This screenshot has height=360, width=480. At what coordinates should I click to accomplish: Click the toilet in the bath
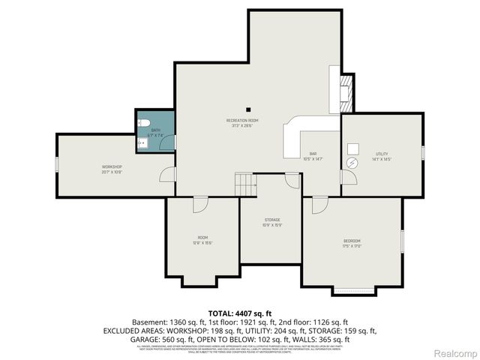tap(145, 122)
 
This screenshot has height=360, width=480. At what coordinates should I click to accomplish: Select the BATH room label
tap(156, 132)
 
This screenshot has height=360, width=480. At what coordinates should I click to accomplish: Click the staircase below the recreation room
tap(245, 184)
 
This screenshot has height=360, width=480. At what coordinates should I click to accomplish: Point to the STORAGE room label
tap(271, 223)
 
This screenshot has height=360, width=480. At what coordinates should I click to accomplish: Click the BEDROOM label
tap(352, 242)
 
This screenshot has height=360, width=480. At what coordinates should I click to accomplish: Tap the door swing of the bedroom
tap(320, 203)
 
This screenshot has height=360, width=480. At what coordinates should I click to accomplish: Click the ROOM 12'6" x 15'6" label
tap(202, 240)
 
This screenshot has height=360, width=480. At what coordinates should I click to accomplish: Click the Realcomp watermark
tap(454, 352)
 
